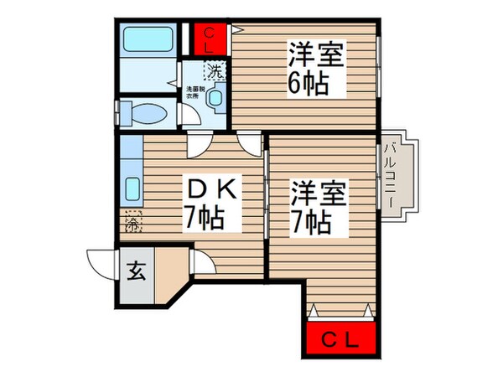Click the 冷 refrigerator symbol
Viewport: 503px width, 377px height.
tap(132, 223)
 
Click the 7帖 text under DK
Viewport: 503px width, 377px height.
tap(204, 219)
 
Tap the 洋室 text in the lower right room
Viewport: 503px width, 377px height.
tap(311, 192)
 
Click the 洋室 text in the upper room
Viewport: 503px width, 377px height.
tap(308, 54)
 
